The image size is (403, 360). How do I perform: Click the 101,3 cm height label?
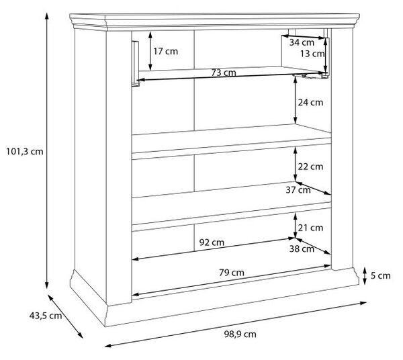(x=25, y=152)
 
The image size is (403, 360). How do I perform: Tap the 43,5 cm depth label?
(x=46, y=316)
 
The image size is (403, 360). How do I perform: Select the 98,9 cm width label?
(x=240, y=334)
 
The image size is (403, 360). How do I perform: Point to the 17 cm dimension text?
(x=165, y=52)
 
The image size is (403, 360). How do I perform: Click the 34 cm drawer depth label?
(x=302, y=42)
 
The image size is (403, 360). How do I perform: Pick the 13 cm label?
(x=312, y=54)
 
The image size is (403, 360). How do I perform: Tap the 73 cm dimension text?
(x=224, y=73)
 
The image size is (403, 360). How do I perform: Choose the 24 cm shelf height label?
(x=310, y=103)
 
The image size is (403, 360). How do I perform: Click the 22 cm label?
(x=310, y=167)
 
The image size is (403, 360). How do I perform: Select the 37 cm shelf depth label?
(x=298, y=190)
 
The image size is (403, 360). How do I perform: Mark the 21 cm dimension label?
(x=310, y=228)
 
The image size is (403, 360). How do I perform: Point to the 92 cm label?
(x=212, y=242)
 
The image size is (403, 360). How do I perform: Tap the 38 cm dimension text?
(x=302, y=249)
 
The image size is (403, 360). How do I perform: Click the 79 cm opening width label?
(x=232, y=273)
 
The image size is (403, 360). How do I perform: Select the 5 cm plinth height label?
(x=380, y=276)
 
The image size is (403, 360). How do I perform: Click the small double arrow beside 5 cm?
(x=365, y=276)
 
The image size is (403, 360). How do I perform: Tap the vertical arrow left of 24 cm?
(x=296, y=101)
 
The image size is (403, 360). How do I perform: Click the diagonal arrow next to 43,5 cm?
(x=65, y=316)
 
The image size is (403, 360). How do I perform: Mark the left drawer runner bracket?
(x=136, y=64)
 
